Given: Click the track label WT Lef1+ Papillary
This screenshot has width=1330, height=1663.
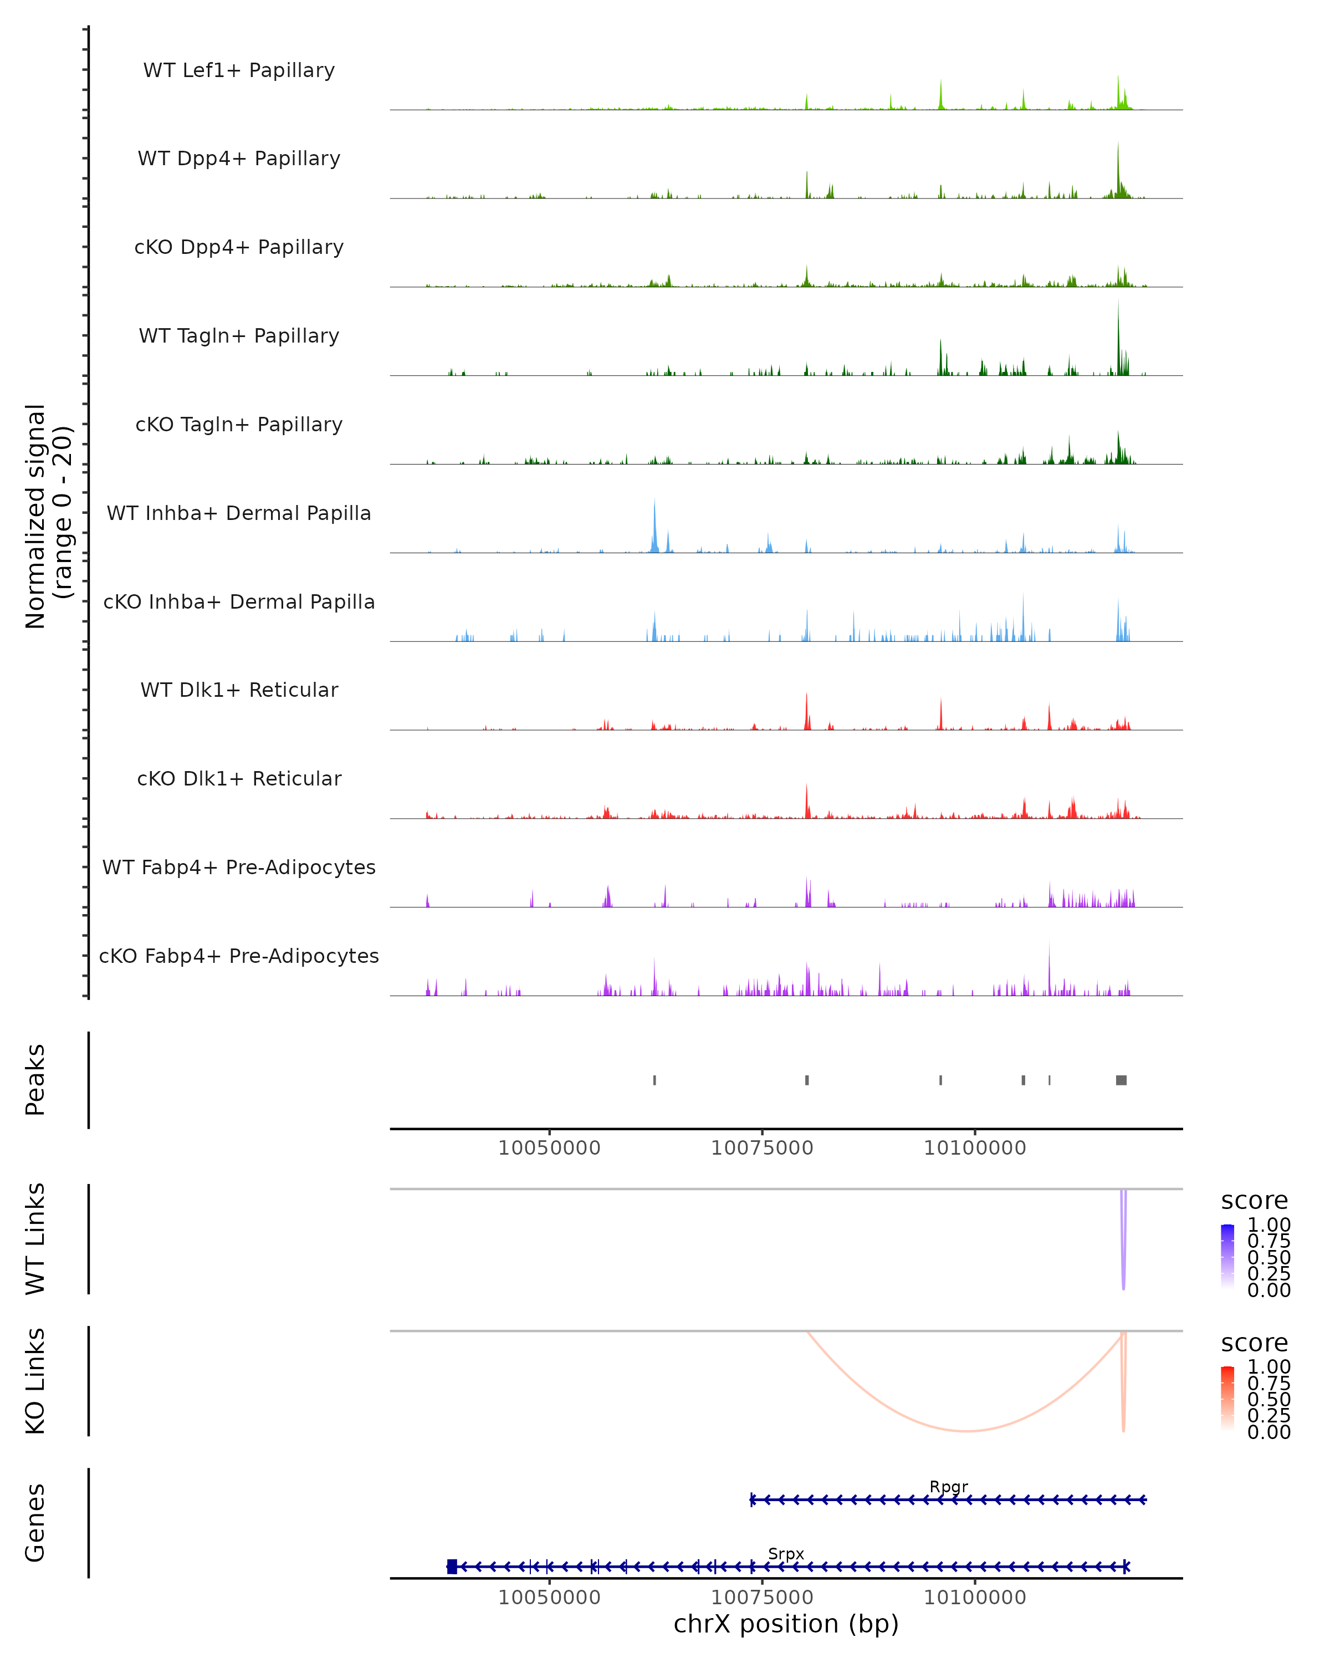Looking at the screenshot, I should tap(239, 70).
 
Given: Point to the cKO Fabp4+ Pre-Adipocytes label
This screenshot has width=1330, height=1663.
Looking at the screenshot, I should tap(239, 956).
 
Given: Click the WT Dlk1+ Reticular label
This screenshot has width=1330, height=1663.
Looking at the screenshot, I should tap(239, 690).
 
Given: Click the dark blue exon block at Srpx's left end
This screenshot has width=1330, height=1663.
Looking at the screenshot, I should tap(452, 1566).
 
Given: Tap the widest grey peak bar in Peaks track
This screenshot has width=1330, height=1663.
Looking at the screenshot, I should tap(1121, 1080).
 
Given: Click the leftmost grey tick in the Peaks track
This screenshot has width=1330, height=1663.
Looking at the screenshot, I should tap(654, 1080).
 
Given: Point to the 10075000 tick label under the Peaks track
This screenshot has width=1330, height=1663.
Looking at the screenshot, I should tap(762, 1148).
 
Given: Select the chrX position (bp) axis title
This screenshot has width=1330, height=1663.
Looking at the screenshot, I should tap(786, 1624).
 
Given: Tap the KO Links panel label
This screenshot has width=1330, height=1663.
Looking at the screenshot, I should tap(35, 1381).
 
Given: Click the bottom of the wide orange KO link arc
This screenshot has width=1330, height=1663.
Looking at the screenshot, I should tap(965, 1431).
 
